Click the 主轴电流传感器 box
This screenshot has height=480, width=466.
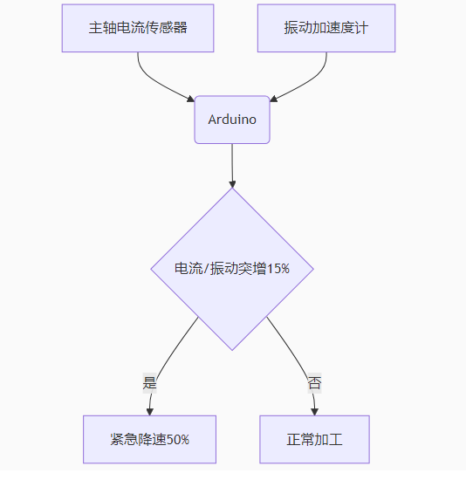[138, 28]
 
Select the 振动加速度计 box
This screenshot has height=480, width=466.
[326, 28]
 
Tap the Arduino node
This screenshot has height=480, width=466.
[232, 120]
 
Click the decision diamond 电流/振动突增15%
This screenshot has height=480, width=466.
[232, 269]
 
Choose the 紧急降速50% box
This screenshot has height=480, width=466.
[149, 439]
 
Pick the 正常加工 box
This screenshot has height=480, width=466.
[314, 439]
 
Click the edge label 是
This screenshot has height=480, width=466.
[149, 383]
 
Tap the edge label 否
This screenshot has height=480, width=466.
[314, 383]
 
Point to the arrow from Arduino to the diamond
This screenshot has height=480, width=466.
[232, 166]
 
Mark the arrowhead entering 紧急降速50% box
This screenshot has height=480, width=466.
[149, 412]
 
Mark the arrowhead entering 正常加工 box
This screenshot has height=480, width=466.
[314, 412]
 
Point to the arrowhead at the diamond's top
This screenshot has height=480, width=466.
[232, 184]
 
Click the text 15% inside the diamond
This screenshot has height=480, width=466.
[278, 269]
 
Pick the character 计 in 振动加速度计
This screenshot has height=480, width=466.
[361, 28]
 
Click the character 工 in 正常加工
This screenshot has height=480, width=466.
[336, 440]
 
